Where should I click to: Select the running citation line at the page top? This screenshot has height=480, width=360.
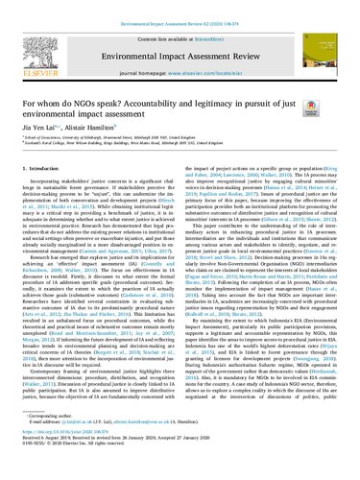180,5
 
